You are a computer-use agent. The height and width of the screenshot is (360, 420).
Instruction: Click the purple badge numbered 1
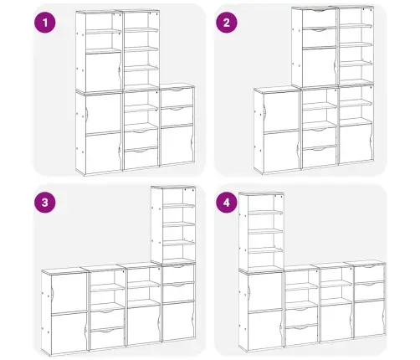pos(45,23)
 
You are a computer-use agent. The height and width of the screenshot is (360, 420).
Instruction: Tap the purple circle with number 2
pos(227,23)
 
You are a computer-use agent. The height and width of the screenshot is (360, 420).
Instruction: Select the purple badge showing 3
pos(45,203)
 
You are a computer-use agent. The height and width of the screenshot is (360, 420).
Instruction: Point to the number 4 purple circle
pos(227,203)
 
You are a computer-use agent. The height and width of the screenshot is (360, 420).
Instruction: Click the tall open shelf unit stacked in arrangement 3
pos(173,224)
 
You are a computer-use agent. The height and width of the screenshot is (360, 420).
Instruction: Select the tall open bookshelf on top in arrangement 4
pos(261,232)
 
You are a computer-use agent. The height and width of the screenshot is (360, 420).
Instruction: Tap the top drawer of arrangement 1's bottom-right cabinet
pos(177,97)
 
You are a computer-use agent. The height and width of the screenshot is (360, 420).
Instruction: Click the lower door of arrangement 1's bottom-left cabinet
pos(103,152)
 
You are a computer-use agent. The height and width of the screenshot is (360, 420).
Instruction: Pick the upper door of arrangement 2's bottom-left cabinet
pos(281,111)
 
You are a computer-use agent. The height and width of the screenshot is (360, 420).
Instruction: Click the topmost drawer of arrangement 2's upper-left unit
pos(319,18)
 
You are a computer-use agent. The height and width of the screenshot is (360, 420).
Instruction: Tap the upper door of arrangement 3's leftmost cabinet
pos(69,292)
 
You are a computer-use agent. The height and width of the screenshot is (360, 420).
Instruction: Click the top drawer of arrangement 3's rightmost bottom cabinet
pos(178,274)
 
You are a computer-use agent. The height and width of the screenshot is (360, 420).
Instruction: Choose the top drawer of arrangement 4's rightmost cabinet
pos(369,273)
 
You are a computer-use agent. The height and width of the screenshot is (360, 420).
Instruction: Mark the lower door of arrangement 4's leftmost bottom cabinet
pos(265,329)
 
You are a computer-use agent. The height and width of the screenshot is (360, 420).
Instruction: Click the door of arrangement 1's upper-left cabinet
pos(103,72)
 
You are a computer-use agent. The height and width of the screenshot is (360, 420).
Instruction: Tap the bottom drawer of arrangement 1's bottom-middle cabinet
pos(141,157)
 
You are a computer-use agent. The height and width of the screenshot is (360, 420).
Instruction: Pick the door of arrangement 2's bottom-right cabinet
pos(356,143)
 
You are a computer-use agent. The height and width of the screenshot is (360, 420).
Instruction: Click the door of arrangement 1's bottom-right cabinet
pos(177,146)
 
